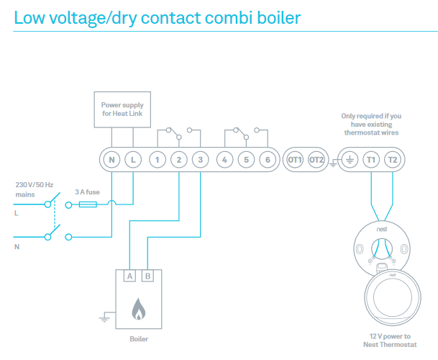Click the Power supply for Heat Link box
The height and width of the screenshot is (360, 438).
[122, 109]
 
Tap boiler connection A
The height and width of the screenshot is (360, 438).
[130, 276]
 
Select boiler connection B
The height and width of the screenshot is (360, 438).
[147, 276]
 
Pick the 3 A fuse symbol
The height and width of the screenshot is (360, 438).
[88, 204]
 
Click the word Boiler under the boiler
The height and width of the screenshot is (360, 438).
[139, 338]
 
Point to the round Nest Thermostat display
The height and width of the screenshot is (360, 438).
[393, 296]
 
